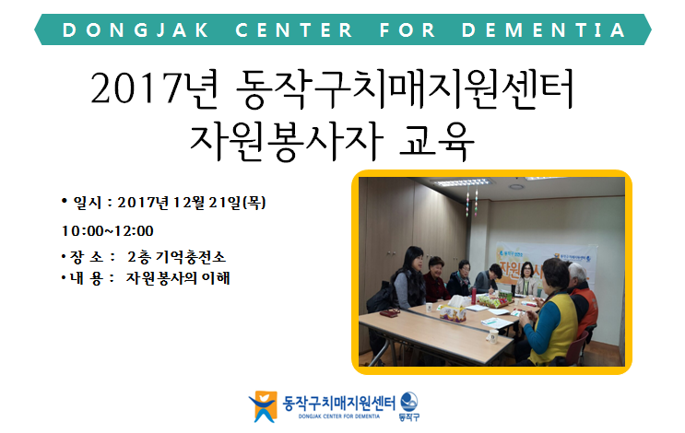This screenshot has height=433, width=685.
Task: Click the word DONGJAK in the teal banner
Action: pos(136,30)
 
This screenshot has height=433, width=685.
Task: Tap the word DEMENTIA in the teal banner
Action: pos(544,30)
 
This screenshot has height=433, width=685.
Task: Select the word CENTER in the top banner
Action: pos(294,30)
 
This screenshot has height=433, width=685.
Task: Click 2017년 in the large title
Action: pos(154,89)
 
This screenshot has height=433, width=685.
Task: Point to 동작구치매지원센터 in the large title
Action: pos(405,89)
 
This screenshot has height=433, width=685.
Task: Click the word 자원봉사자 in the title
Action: pos(286,141)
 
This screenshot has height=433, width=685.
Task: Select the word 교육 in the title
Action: pos(437,141)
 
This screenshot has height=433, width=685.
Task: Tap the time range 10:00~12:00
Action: pos(108,231)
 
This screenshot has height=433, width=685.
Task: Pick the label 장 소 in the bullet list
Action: pos(87,257)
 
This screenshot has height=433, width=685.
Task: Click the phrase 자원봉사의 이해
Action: pos(178,278)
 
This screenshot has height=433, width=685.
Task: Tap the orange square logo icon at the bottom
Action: pos(263,406)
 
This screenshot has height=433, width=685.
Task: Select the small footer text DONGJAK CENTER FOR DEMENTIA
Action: pos(339,416)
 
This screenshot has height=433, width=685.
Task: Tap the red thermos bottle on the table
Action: pos(474,296)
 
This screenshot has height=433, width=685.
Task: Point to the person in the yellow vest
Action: pos(549,313)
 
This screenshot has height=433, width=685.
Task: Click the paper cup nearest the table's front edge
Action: pos(492,335)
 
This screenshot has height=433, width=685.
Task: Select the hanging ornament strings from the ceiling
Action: pos(471,202)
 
